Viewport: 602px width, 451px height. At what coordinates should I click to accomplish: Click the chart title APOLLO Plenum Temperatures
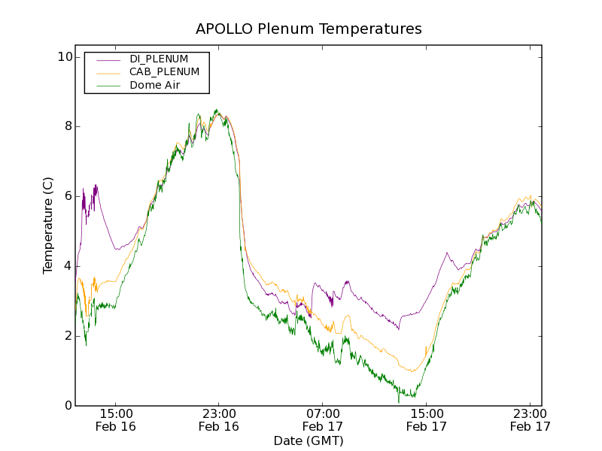click(x=309, y=29)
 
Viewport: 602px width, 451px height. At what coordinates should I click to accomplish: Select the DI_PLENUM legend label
click(x=159, y=59)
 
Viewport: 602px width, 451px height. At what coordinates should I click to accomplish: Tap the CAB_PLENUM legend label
click(x=164, y=72)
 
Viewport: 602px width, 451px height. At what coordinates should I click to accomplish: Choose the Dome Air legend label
click(x=157, y=86)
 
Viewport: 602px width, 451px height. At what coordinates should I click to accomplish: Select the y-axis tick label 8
click(x=68, y=126)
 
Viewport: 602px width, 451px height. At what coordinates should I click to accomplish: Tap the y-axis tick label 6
click(x=68, y=196)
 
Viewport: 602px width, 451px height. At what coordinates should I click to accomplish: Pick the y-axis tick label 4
click(x=68, y=266)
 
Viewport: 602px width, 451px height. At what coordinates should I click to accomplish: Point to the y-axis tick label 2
click(x=68, y=336)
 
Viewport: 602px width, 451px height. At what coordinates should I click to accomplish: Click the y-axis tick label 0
click(x=68, y=406)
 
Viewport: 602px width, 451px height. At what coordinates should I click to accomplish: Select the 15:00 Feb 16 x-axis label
click(x=115, y=419)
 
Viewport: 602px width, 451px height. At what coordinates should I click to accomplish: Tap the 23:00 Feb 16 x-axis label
click(x=218, y=419)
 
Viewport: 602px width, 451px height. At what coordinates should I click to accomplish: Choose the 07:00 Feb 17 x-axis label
click(x=322, y=419)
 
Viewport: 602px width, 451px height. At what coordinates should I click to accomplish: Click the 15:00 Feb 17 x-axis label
click(x=426, y=419)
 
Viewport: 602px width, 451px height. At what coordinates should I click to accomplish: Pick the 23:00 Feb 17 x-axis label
click(x=530, y=419)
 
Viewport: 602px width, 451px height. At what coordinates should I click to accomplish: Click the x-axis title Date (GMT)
click(x=309, y=440)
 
